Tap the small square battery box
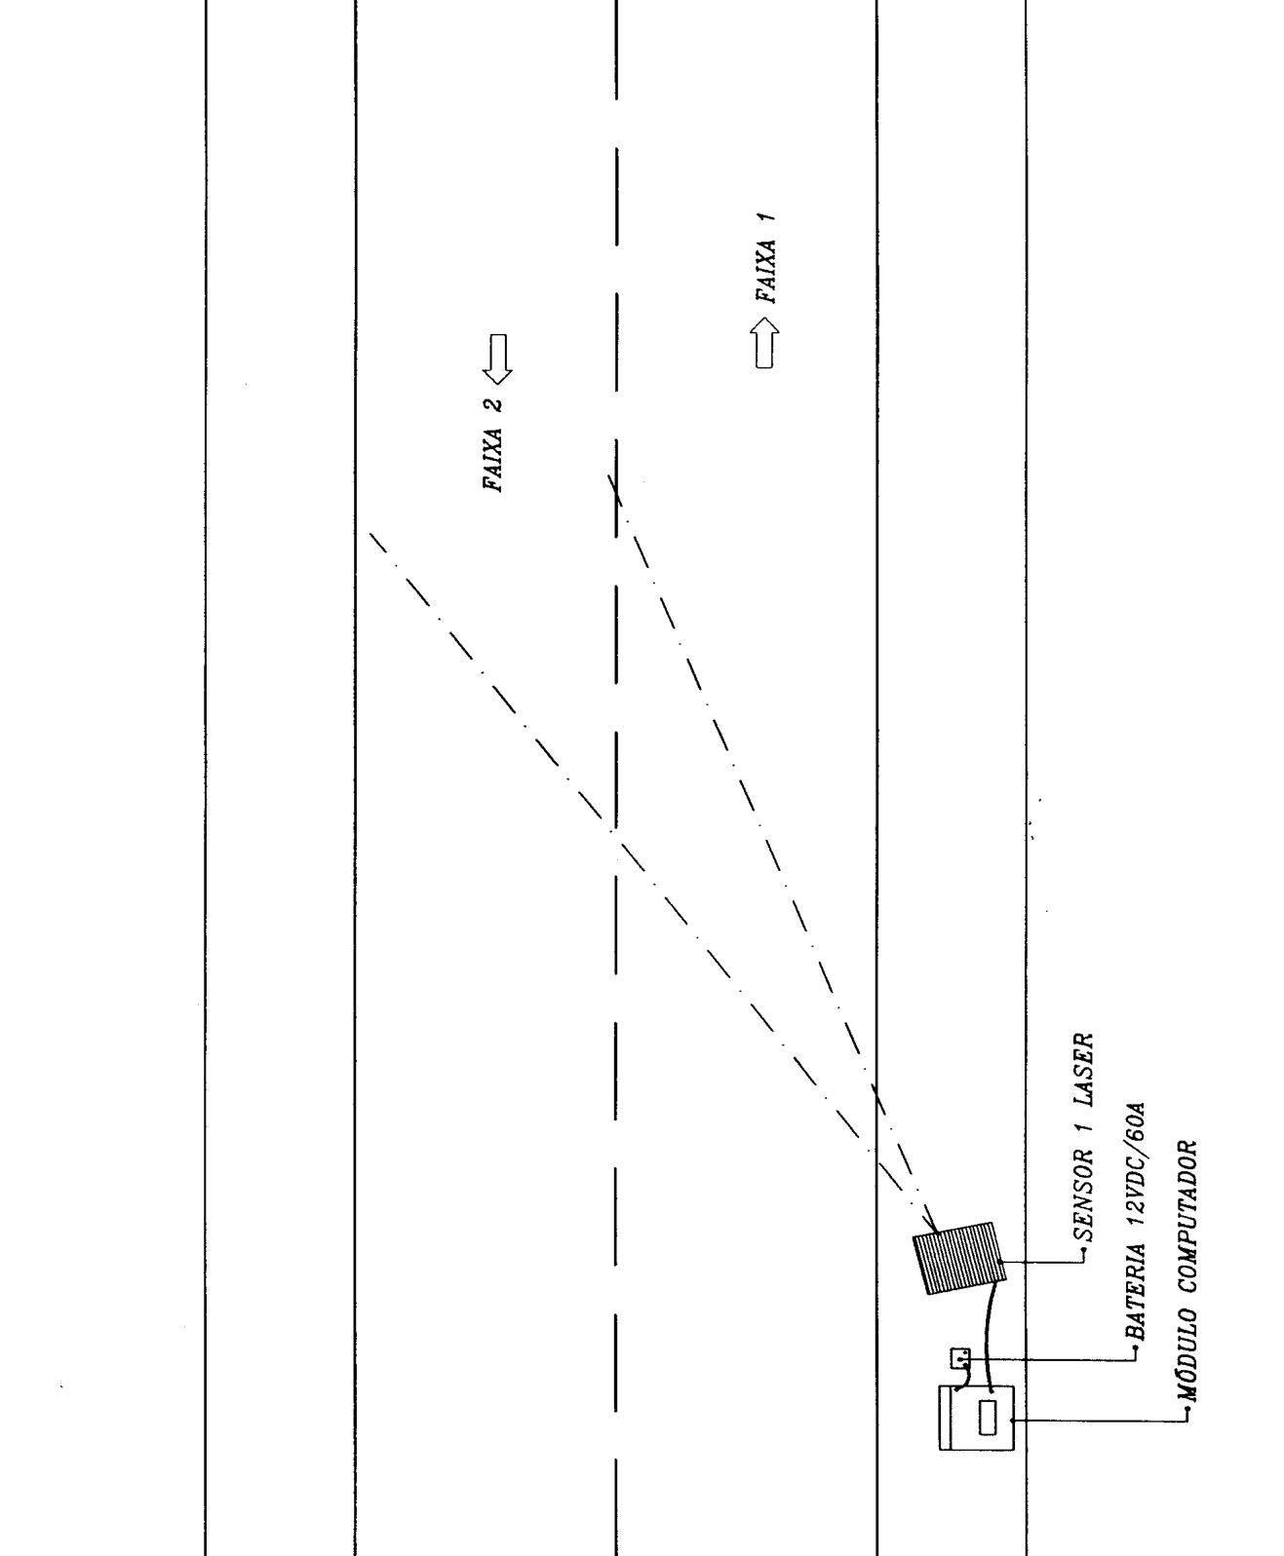(x=959, y=1358)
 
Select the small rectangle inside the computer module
(x=989, y=1419)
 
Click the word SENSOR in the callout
(x=1083, y=1196)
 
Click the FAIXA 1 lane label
(x=766, y=257)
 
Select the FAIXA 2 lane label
(x=493, y=444)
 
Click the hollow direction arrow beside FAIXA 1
(x=764, y=342)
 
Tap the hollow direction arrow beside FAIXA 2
(x=496, y=360)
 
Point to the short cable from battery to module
(x=962, y=1376)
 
